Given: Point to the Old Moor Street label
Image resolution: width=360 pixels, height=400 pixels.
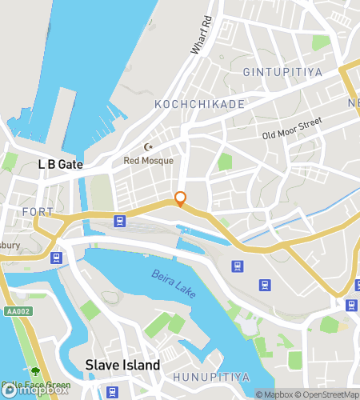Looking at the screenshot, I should click(x=292, y=128).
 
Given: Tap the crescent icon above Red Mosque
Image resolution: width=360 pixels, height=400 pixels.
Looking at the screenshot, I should click(x=147, y=147).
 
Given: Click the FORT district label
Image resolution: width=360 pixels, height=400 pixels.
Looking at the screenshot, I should click(x=38, y=212).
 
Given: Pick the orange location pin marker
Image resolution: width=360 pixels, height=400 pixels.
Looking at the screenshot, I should click(x=181, y=198).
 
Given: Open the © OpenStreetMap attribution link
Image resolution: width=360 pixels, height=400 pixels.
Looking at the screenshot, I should click(x=327, y=394).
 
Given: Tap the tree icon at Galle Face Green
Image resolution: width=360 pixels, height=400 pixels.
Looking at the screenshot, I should click(x=35, y=372).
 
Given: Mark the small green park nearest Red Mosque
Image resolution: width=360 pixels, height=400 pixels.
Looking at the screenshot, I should click(x=225, y=162).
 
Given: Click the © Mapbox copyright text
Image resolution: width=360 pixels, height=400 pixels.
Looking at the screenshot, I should click(x=275, y=394).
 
